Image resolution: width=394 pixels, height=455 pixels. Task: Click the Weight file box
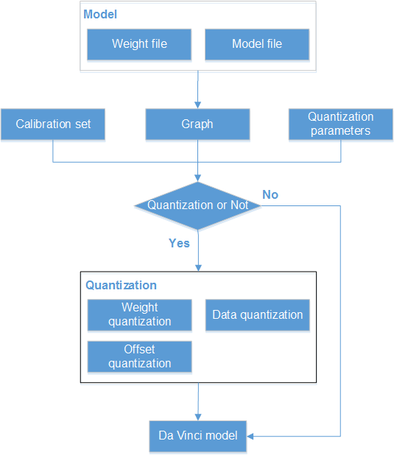(x=139, y=44)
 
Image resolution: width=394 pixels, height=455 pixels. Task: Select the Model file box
(x=257, y=44)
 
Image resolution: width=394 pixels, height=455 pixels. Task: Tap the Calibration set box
(x=53, y=124)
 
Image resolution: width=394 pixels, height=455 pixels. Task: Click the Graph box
(x=197, y=124)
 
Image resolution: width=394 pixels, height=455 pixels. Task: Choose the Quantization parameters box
(x=340, y=124)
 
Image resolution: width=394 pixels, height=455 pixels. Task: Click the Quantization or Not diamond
(x=197, y=205)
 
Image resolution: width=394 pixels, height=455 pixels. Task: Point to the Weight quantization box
(x=140, y=315)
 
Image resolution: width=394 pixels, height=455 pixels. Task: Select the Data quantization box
(x=258, y=315)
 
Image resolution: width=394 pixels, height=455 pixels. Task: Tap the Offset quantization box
(x=140, y=356)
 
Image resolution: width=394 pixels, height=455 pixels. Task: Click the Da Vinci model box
(x=198, y=436)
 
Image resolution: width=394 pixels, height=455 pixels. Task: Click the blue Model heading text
(x=100, y=14)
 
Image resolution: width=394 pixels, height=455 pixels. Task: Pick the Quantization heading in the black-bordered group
(x=121, y=285)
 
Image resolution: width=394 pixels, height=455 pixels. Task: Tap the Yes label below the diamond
(x=179, y=243)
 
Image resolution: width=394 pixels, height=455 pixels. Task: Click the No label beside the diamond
(x=270, y=194)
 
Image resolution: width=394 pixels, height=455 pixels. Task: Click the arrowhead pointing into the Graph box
(x=197, y=105)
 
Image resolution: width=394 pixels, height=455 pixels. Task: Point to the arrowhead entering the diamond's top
(x=197, y=178)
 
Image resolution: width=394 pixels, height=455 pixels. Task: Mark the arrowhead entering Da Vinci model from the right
(x=250, y=436)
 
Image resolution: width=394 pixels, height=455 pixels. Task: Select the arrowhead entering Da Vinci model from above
(x=198, y=417)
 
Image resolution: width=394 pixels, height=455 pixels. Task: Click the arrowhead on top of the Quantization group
(x=198, y=268)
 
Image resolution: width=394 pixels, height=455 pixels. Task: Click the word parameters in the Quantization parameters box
(x=340, y=131)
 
